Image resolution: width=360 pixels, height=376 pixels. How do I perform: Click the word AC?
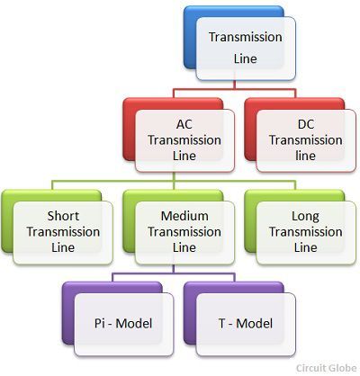point(184,124)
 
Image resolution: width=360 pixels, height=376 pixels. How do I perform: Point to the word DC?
point(306,124)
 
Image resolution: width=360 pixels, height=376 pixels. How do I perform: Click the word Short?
point(63,216)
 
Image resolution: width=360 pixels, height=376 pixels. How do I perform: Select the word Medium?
point(184,216)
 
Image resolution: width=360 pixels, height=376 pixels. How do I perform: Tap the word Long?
point(305,217)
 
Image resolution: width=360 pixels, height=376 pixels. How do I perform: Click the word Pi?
point(99,323)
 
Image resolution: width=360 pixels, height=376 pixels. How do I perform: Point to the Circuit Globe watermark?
point(327,368)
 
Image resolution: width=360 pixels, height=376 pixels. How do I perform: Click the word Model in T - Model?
point(255,324)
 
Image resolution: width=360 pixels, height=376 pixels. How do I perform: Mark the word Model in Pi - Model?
point(134,324)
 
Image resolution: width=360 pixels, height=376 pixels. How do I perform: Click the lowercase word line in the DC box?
point(305,156)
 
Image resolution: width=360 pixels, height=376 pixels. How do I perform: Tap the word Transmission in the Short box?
point(63,232)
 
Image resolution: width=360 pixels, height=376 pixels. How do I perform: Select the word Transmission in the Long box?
point(306,232)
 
